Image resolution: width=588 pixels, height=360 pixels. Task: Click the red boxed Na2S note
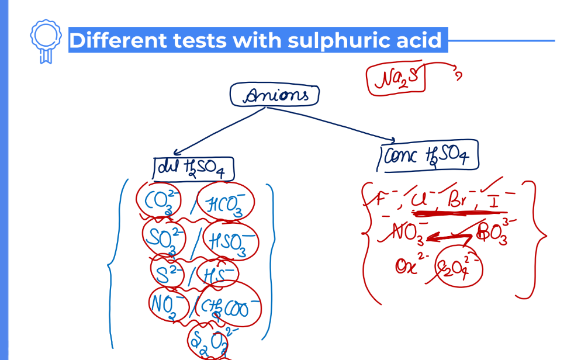click(x=396, y=79)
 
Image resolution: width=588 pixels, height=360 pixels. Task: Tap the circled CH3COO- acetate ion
click(x=229, y=306)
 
